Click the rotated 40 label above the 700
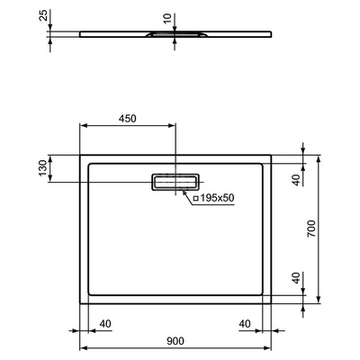point(297,180)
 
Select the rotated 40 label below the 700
point(297,279)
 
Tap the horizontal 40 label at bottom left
point(105,323)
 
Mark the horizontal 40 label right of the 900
point(244,323)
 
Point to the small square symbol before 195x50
point(195,197)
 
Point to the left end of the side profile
point(82,34)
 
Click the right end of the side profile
point(273,34)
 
